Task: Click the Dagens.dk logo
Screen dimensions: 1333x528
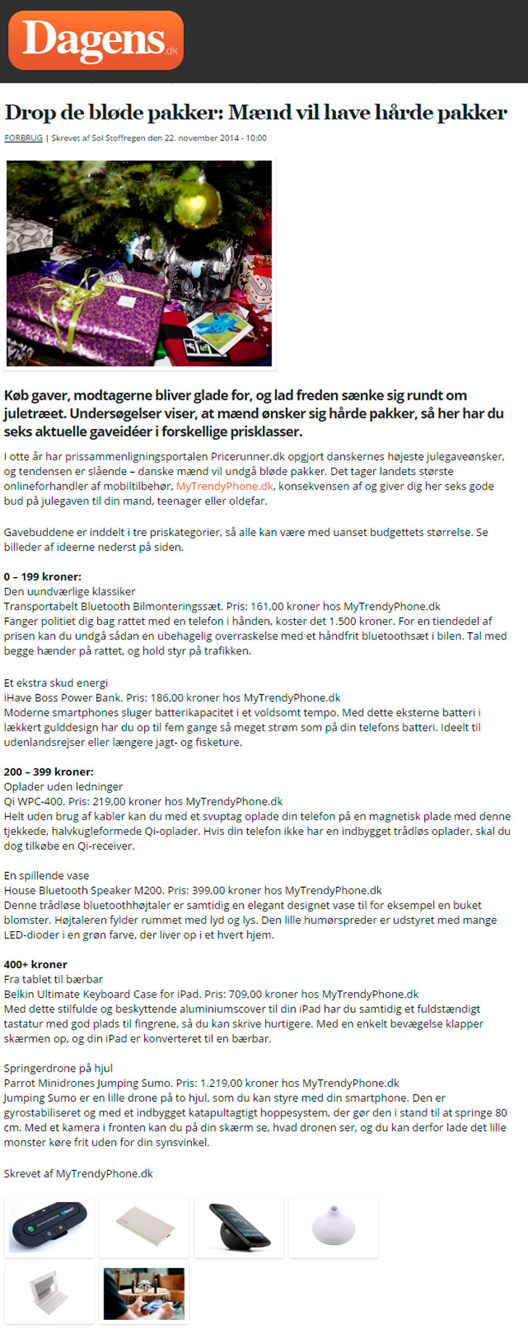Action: tap(96, 40)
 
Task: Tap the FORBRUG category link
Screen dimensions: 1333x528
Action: tap(23, 138)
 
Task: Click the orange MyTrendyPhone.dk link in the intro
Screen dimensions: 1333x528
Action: tap(225, 486)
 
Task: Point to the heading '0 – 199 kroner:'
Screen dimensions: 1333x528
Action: tap(43, 576)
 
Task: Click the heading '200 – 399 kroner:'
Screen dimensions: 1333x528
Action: tap(49, 771)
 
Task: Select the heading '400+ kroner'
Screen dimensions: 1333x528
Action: tap(35, 964)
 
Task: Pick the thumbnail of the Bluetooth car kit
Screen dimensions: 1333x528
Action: tap(49, 1227)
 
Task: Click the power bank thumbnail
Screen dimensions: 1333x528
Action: tap(144, 1227)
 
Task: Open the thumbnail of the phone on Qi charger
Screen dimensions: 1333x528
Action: tap(239, 1227)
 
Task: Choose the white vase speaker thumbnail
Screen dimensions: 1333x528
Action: tap(333, 1227)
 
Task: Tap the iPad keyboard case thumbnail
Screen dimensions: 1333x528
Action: tap(49, 1293)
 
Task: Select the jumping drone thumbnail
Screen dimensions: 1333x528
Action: tap(144, 1293)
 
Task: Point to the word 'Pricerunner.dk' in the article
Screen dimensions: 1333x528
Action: tap(248, 456)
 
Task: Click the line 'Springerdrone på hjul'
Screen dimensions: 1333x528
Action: tap(58, 1067)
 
